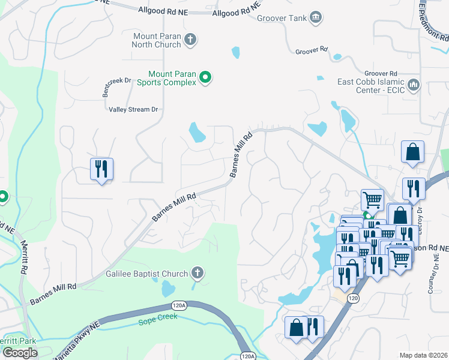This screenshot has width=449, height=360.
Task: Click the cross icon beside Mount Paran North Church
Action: coord(190,40)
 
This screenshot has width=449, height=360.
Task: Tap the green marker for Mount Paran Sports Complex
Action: coord(205,77)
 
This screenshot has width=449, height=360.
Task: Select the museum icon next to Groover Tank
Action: coord(314,18)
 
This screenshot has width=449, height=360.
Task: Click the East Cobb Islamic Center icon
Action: coord(413,85)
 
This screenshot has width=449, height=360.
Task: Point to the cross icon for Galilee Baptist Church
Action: coord(197,274)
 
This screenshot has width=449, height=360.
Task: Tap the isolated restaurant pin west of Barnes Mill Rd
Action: coord(101,169)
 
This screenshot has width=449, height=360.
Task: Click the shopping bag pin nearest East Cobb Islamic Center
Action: coord(413,152)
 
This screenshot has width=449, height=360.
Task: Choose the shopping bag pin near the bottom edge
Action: coord(296,328)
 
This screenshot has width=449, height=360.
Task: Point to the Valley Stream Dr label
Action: coord(133,109)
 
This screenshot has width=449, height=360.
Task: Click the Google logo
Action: coord(20,353)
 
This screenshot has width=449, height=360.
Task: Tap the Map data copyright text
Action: coord(424,355)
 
